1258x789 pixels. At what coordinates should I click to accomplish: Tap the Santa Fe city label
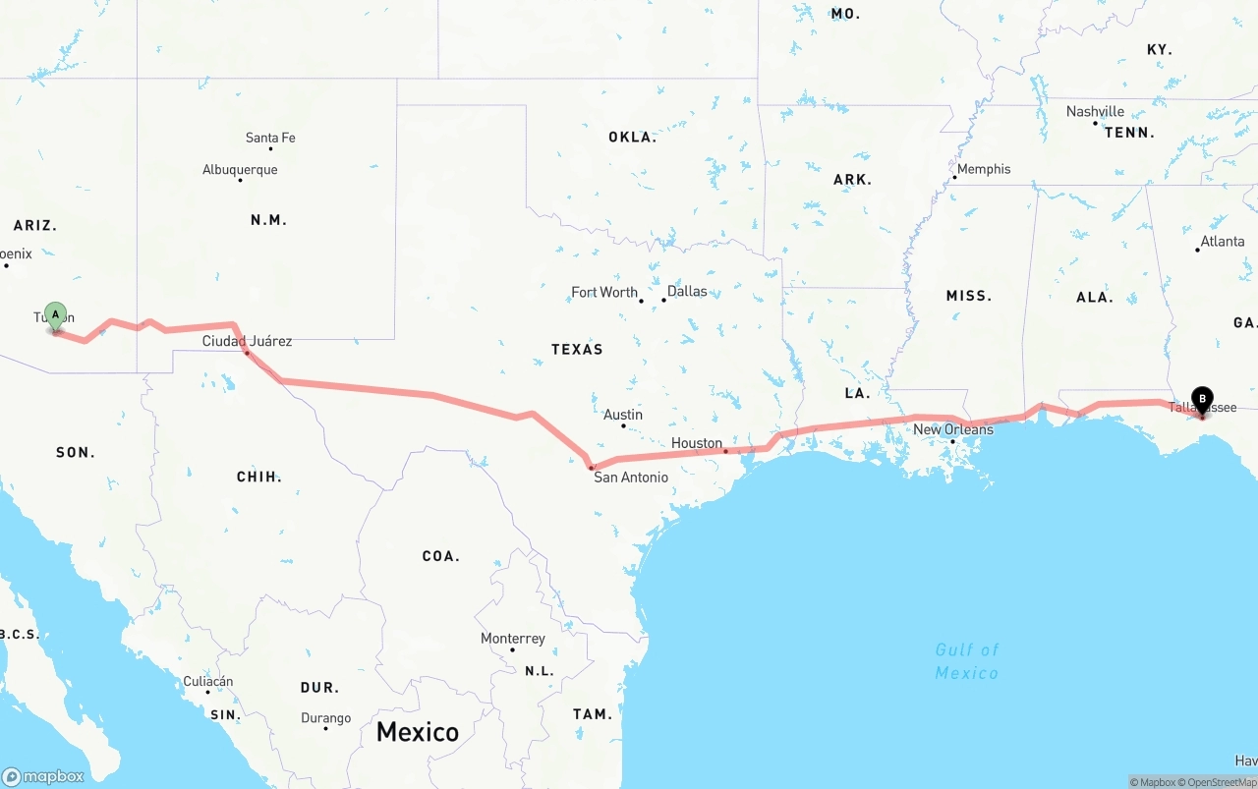pyautogui.click(x=270, y=138)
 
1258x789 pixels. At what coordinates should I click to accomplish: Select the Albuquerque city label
pyautogui.click(x=240, y=170)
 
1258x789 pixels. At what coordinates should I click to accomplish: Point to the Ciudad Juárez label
pyautogui.click(x=247, y=341)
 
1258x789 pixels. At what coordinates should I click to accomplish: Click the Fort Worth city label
pyautogui.click(x=604, y=292)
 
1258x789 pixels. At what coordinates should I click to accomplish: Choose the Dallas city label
pyautogui.click(x=687, y=291)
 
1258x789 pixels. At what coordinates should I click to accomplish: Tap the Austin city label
pyautogui.click(x=623, y=415)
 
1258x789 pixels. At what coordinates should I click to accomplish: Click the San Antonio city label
pyautogui.click(x=630, y=478)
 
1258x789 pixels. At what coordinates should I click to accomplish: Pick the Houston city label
pyautogui.click(x=697, y=443)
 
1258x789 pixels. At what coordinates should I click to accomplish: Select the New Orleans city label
pyautogui.click(x=953, y=429)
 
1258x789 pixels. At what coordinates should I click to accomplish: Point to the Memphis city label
pyautogui.click(x=983, y=169)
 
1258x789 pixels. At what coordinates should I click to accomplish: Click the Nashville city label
pyautogui.click(x=1095, y=111)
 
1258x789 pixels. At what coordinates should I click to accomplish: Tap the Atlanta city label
pyautogui.click(x=1222, y=241)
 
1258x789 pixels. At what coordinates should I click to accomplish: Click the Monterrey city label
pyautogui.click(x=512, y=639)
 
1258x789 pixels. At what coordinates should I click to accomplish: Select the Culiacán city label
pyautogui.click(x=208, y=681)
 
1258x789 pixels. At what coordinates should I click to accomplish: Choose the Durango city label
pyautogui.click(x=325, y=718)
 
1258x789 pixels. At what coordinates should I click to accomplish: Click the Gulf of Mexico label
pyautogui.click(x=967, y=661)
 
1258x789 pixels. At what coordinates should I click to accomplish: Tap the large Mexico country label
pyautogui.click(x=418, y=732)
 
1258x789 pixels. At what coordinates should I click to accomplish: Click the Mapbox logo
pyautogui.click(x=43, y=776)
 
